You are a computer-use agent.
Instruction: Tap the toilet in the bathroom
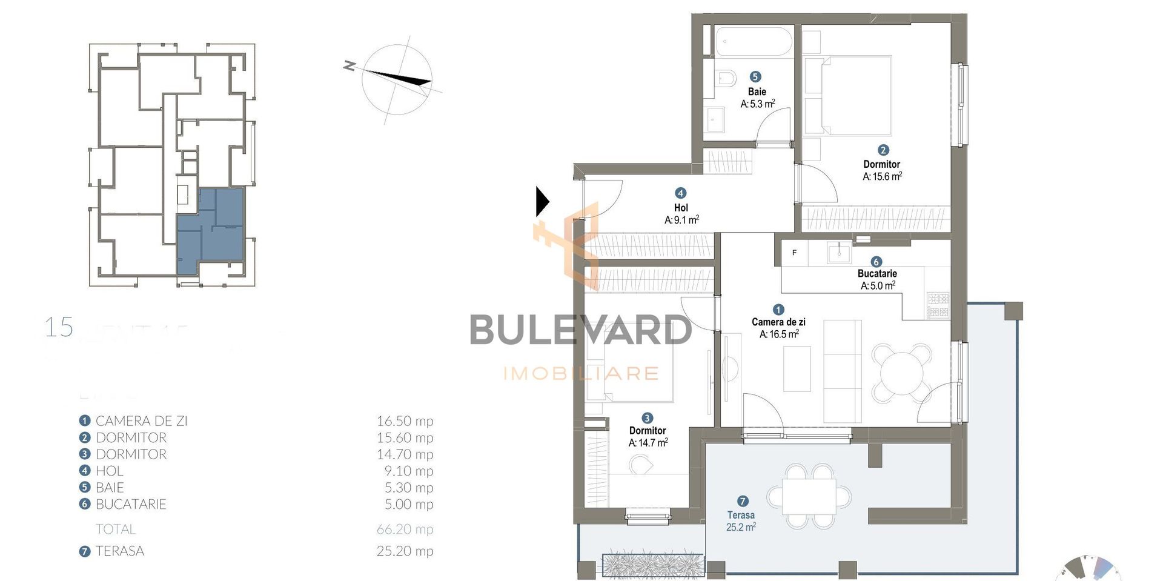(725, 78)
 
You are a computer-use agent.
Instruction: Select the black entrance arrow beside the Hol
(542, 202)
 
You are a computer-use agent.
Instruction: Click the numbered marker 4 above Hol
(680, 193)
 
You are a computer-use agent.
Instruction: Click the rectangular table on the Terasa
(809, 497)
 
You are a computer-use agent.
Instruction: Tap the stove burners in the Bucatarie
(938, 305)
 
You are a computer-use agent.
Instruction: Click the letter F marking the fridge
(794, 253)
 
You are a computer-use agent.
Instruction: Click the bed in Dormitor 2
(855, 95)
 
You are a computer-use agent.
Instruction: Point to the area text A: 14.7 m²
(648, 443)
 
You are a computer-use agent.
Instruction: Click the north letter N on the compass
(348, 65)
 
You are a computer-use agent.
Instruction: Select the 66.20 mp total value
(405, 529)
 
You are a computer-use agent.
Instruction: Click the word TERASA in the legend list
(120, 551)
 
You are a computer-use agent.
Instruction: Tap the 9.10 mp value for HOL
(405, 471)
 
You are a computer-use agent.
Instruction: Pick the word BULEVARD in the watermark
(580, 331)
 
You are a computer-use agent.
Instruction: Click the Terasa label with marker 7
(741, 515)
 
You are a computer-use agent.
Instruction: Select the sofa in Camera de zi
(843, 371)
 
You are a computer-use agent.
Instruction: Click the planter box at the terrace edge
(653, 565)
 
